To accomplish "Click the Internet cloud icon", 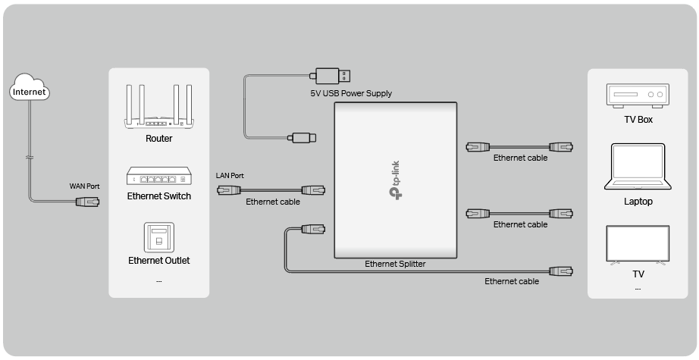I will coord(30,90).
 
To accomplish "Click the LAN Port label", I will coord(230,176).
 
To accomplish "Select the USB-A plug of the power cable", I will coord(332,76).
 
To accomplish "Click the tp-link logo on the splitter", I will coord(396,182).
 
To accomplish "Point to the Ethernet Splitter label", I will coord(395,264).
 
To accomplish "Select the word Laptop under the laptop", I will coord(638,202).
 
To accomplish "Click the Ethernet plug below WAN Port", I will coord(86,202).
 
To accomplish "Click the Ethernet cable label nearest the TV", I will coord(512,281).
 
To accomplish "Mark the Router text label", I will coord(158,139).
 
